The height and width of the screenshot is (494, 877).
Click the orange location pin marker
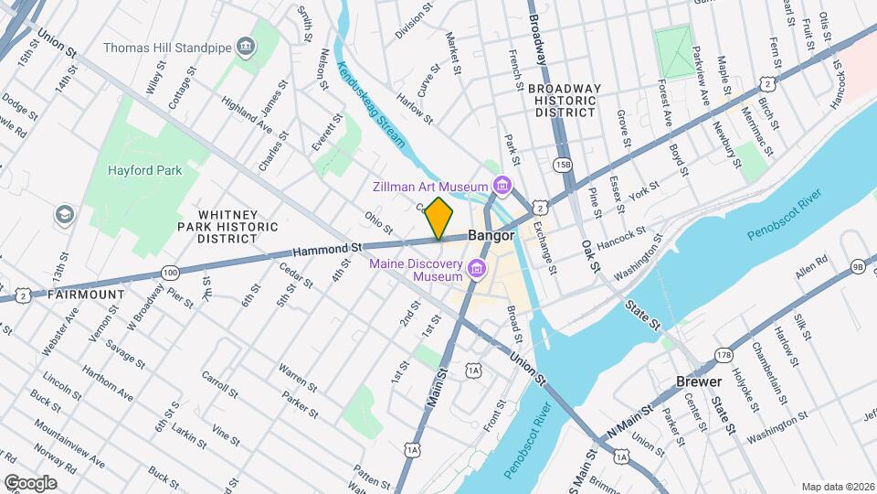(439, 218)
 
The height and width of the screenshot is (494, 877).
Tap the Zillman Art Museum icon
(502, 187)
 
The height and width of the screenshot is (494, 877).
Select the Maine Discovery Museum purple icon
(476, 269)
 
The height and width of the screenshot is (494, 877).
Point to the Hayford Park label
(144, 170)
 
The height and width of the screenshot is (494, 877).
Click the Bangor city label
(491, 235)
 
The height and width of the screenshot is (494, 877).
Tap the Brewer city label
(699, 381)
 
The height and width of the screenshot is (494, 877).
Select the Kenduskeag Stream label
(370, 104)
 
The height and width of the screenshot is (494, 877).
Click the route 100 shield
(170, 272)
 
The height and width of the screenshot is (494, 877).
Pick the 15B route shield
(562, 164)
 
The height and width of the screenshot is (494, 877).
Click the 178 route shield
(724, 355)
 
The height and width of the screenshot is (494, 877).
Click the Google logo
(29, 482)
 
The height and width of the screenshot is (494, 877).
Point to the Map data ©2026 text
(837, 487)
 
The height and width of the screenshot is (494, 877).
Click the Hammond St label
(328, 248)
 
